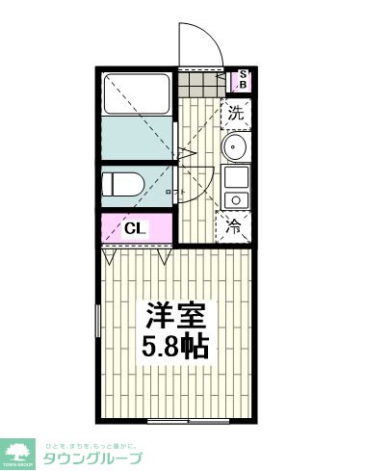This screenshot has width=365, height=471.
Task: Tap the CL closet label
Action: tap(136, 229)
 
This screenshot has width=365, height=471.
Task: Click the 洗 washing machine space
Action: tap(237, 113)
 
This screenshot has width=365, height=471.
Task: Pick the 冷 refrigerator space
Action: tap(235, 228)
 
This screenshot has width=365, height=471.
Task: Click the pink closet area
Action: tap(136, 229)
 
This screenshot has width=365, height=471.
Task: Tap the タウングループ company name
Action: tap(91, 458)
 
